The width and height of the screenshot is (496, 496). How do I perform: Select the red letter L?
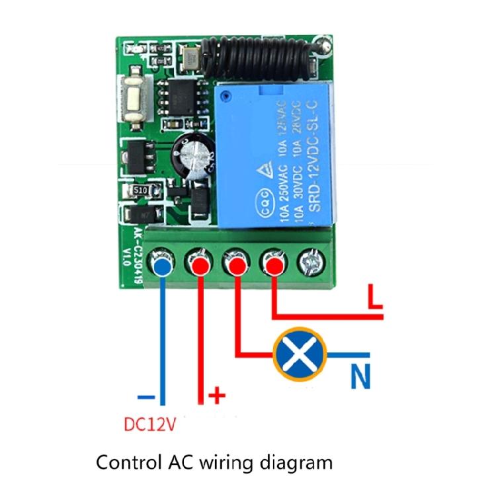point(374,298)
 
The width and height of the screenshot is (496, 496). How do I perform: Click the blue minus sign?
point(147,397)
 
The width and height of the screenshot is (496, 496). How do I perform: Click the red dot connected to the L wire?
point(272,265)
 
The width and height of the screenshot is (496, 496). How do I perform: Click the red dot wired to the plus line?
point(199,266)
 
